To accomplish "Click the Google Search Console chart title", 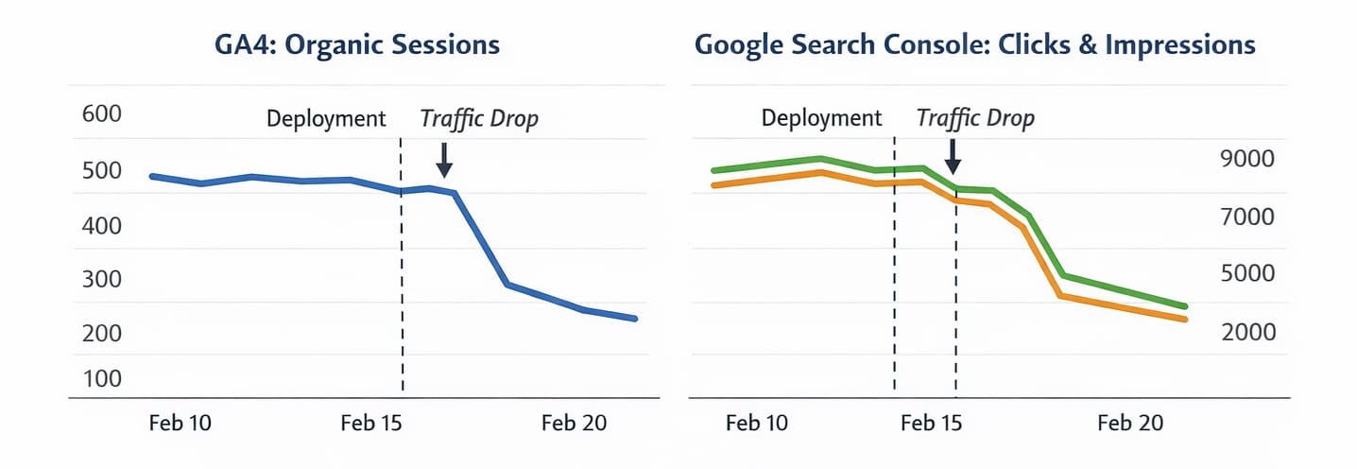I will (974, 44).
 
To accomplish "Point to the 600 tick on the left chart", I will (103, 113).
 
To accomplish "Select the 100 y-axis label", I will (103, 378).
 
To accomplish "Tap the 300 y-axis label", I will (103, 280).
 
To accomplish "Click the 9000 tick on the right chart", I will (1248, 158).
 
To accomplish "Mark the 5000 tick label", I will (1248, 273).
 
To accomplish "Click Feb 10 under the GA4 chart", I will (180, 423).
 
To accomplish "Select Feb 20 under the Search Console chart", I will (1130, 423).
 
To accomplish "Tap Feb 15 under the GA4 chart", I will (371, 423).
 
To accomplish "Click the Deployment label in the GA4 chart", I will (326, 119).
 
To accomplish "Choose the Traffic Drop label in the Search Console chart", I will (975, 119).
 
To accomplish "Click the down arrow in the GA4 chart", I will (443, 159).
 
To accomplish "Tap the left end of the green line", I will (714, 171).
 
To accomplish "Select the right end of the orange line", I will (1184, 320).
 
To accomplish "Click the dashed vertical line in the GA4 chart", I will (402, 284).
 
